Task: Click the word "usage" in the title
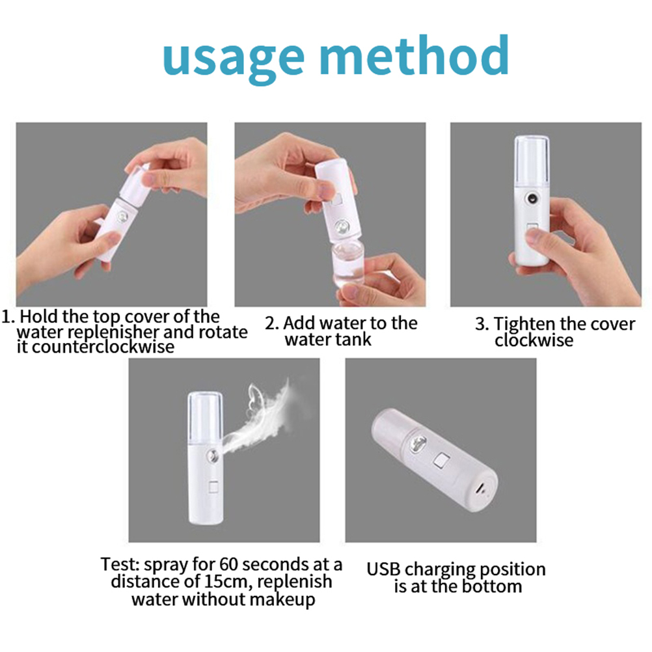[x=234, y=59]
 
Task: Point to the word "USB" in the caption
[x=384, y=569]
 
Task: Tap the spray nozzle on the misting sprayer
[x=213, y=456]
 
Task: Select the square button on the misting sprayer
[x=213, y=487]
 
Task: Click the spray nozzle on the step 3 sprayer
[x=532, y=198]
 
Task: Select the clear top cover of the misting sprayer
[x=205, y=416]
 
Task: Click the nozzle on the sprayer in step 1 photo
[x=122, y=217]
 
